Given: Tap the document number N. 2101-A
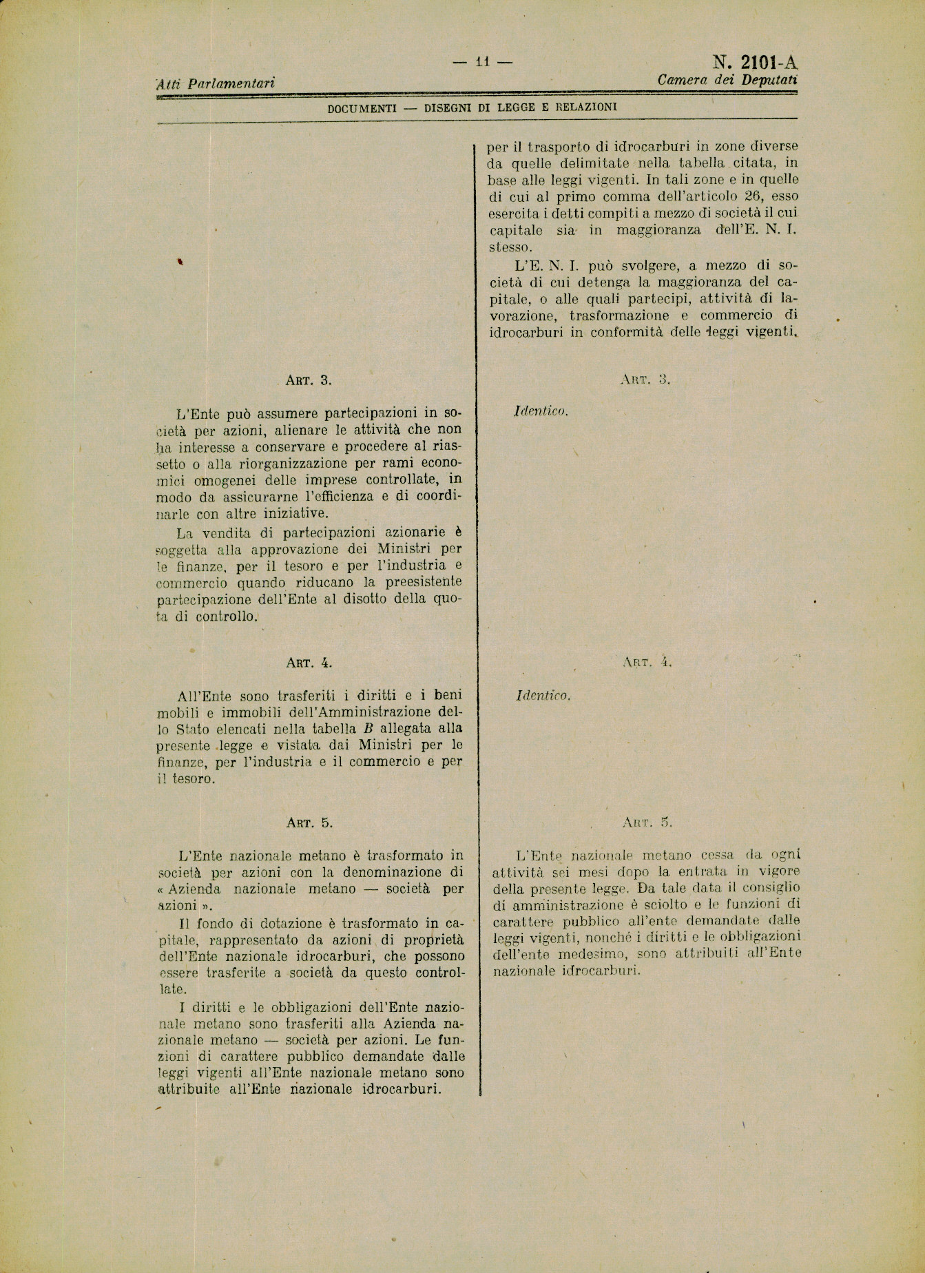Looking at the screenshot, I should (754, 63).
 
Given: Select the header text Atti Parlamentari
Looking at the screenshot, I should (216, 84).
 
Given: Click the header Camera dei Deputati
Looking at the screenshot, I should (727, 80).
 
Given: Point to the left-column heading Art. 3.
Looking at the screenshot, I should (309, 380).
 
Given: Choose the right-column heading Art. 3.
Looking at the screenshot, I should (645, 379).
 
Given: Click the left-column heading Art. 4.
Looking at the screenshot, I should (309, 663).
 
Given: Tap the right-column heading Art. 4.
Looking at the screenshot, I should (646, 663).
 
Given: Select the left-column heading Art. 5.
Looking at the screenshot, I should (309, 822).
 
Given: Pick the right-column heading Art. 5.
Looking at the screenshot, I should (646, 822).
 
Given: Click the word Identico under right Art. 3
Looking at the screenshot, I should (541, 411).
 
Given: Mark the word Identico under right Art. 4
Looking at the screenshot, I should (543, 696).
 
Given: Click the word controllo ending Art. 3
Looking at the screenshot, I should (226, 617).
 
